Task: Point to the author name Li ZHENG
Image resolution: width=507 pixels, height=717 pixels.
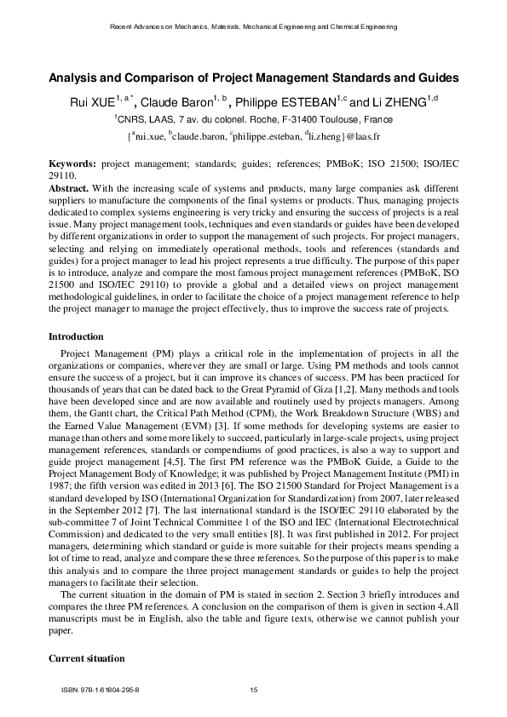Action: click(399, 104)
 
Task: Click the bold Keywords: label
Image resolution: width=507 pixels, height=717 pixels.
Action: click(72, 161)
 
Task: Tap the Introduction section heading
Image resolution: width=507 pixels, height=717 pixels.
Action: click(76, 337)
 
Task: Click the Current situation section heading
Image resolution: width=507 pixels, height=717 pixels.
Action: click(87, 658)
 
